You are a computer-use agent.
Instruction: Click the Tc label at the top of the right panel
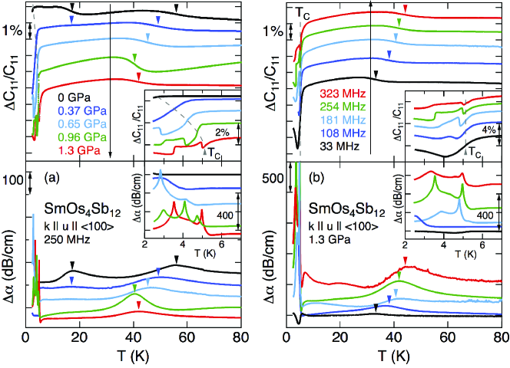click(304, 13)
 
